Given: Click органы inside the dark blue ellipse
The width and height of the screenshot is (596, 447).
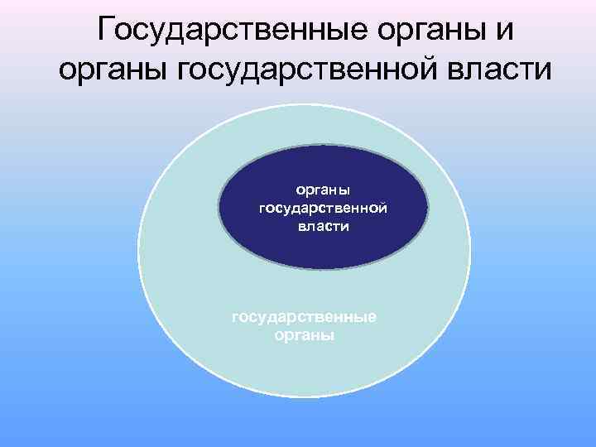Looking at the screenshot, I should [x=324, y=190].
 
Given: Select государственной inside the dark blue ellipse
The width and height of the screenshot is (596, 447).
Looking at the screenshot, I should [x=324, y=207].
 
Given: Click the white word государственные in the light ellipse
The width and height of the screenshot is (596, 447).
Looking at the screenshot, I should [x=305, y=319].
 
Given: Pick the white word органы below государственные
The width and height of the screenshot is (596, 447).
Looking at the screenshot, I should [x=305, y=336].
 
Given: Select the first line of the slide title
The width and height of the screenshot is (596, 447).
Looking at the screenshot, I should [x=305, y=30].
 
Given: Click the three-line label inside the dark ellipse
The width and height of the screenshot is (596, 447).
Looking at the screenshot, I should [x=324, y=207].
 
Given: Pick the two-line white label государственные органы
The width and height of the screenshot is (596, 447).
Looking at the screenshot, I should [x=305, y=327].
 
